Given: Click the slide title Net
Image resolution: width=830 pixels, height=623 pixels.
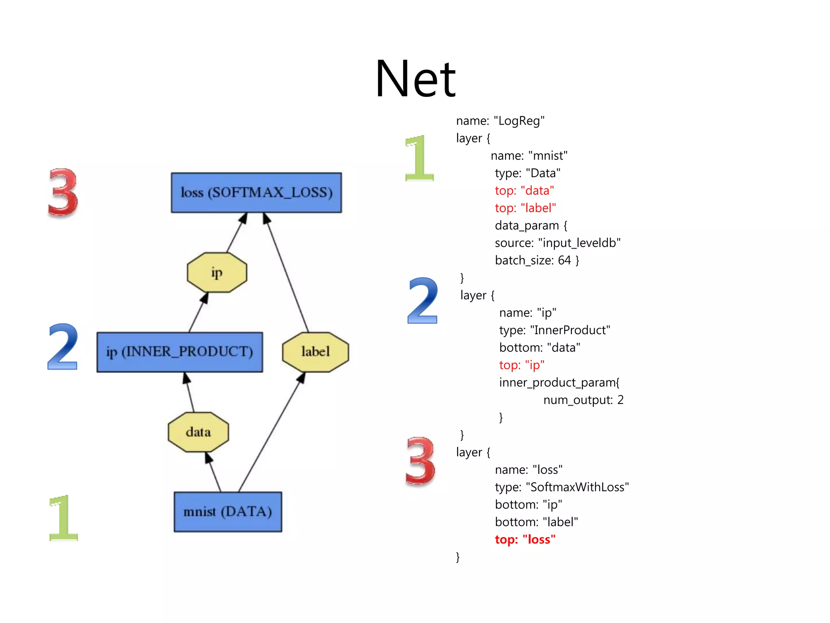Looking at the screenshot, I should (x=415, y=79).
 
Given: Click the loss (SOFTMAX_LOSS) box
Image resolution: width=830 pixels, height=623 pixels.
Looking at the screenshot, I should (x=256, y=193).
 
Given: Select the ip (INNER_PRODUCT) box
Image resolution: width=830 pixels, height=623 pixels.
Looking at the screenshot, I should (x=180, y=352).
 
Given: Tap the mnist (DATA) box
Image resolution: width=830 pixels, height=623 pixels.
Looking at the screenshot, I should (x=228, y=511).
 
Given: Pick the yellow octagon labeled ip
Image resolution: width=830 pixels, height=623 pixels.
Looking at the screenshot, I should (x=217, y=273).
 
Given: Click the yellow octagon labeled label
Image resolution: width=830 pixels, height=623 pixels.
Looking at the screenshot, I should (x=315, y=352).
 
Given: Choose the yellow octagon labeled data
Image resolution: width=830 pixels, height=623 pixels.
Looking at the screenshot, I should (x=198, y=432).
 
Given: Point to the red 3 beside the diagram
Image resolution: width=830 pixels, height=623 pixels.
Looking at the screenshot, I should (x=63, y=193).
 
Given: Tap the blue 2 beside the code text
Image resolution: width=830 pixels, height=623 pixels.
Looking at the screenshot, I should (x=423, y=301).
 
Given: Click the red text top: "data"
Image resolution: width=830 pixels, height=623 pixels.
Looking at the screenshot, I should (x=524, y=191).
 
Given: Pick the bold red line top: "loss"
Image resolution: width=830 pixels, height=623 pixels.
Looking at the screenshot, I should (x=525, y=539).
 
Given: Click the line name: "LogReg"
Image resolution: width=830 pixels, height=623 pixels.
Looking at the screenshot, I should (x=500, y=121).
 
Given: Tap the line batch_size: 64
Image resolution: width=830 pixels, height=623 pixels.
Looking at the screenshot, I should (x=537, y=260).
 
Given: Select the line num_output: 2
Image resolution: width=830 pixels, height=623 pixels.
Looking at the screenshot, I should (x=583, y=400).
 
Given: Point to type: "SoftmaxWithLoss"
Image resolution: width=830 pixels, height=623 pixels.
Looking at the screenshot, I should (x=562, y=487).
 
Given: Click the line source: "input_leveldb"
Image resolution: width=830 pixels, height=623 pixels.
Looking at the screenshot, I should (x=558, y=243).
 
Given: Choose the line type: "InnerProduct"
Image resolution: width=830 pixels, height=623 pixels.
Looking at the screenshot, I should (x=554, y=330).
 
